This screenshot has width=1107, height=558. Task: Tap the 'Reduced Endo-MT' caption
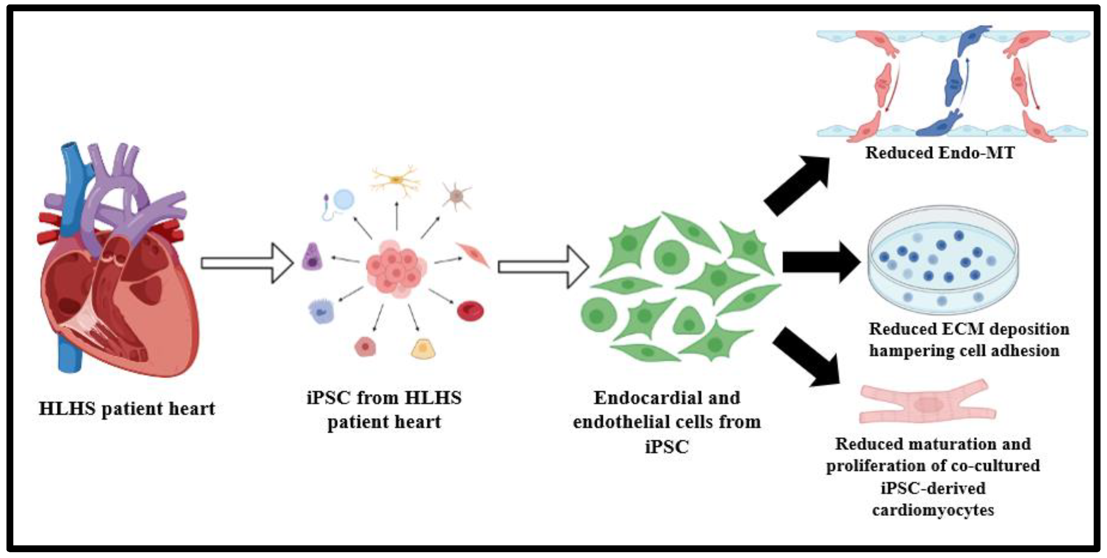(x=940, y=153)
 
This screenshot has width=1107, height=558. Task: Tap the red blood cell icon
(x=470, y=310)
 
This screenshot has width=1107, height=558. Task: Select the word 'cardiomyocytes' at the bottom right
(x=933, y=510)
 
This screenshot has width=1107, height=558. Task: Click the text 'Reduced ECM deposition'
(x=969, y=329)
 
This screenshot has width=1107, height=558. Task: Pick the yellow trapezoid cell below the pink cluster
(x=423, y=349)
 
